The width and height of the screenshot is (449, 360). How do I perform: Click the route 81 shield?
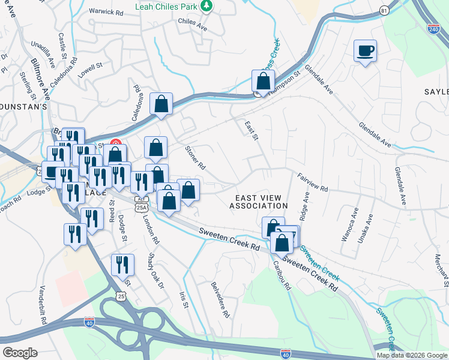click(384, 11)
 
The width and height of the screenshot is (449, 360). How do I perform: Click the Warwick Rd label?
click(105, 11)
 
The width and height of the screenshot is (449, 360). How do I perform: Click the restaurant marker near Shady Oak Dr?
click(122, 265)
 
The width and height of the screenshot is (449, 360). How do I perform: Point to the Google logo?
click(19, 353)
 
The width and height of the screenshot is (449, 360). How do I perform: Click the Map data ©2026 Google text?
click(412, 355)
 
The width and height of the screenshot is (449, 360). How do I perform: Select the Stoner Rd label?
click(196, 157)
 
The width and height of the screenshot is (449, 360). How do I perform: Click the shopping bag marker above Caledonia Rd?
click(161, 104)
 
